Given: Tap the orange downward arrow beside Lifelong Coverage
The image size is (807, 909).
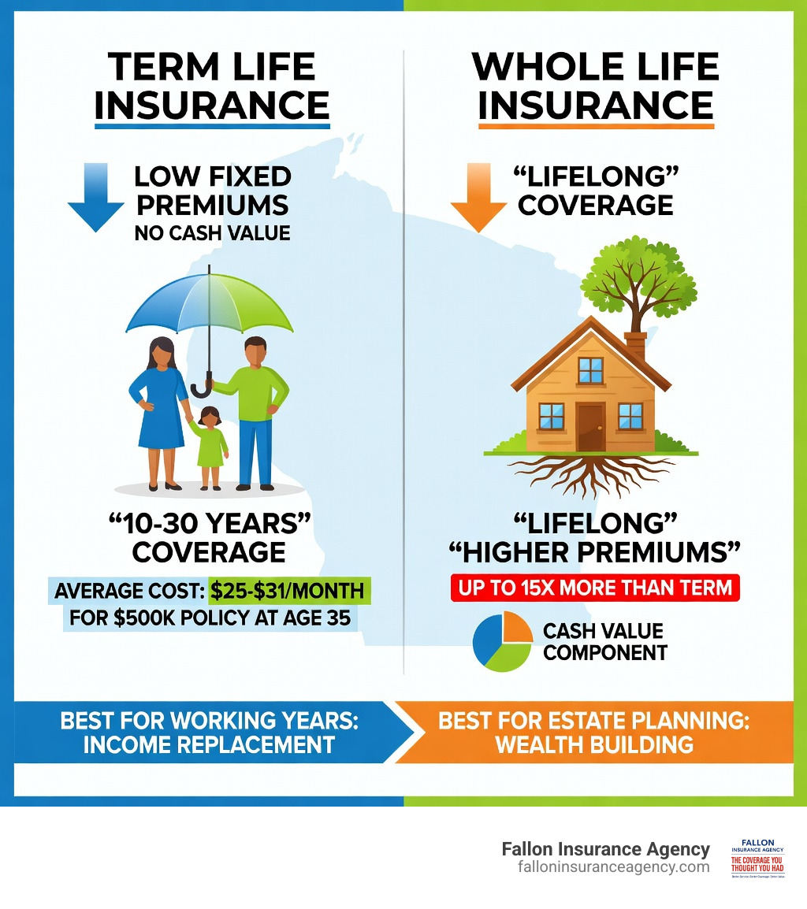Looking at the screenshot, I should click(x=478, y=198).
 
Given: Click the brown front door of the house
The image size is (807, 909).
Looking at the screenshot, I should click(x=589, y=426).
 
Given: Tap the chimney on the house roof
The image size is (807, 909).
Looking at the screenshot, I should click(x=635, y=347).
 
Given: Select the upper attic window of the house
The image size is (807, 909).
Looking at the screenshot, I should click(x=589, y=369).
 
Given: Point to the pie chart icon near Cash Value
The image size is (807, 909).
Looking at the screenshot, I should click(x=502, y=641).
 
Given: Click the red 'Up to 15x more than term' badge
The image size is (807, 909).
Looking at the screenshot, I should click(x=595, y=588).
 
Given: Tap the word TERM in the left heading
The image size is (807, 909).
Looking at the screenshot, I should click(x=162, y=68).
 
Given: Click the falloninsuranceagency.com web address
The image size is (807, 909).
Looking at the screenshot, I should click(x=613, y=866).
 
